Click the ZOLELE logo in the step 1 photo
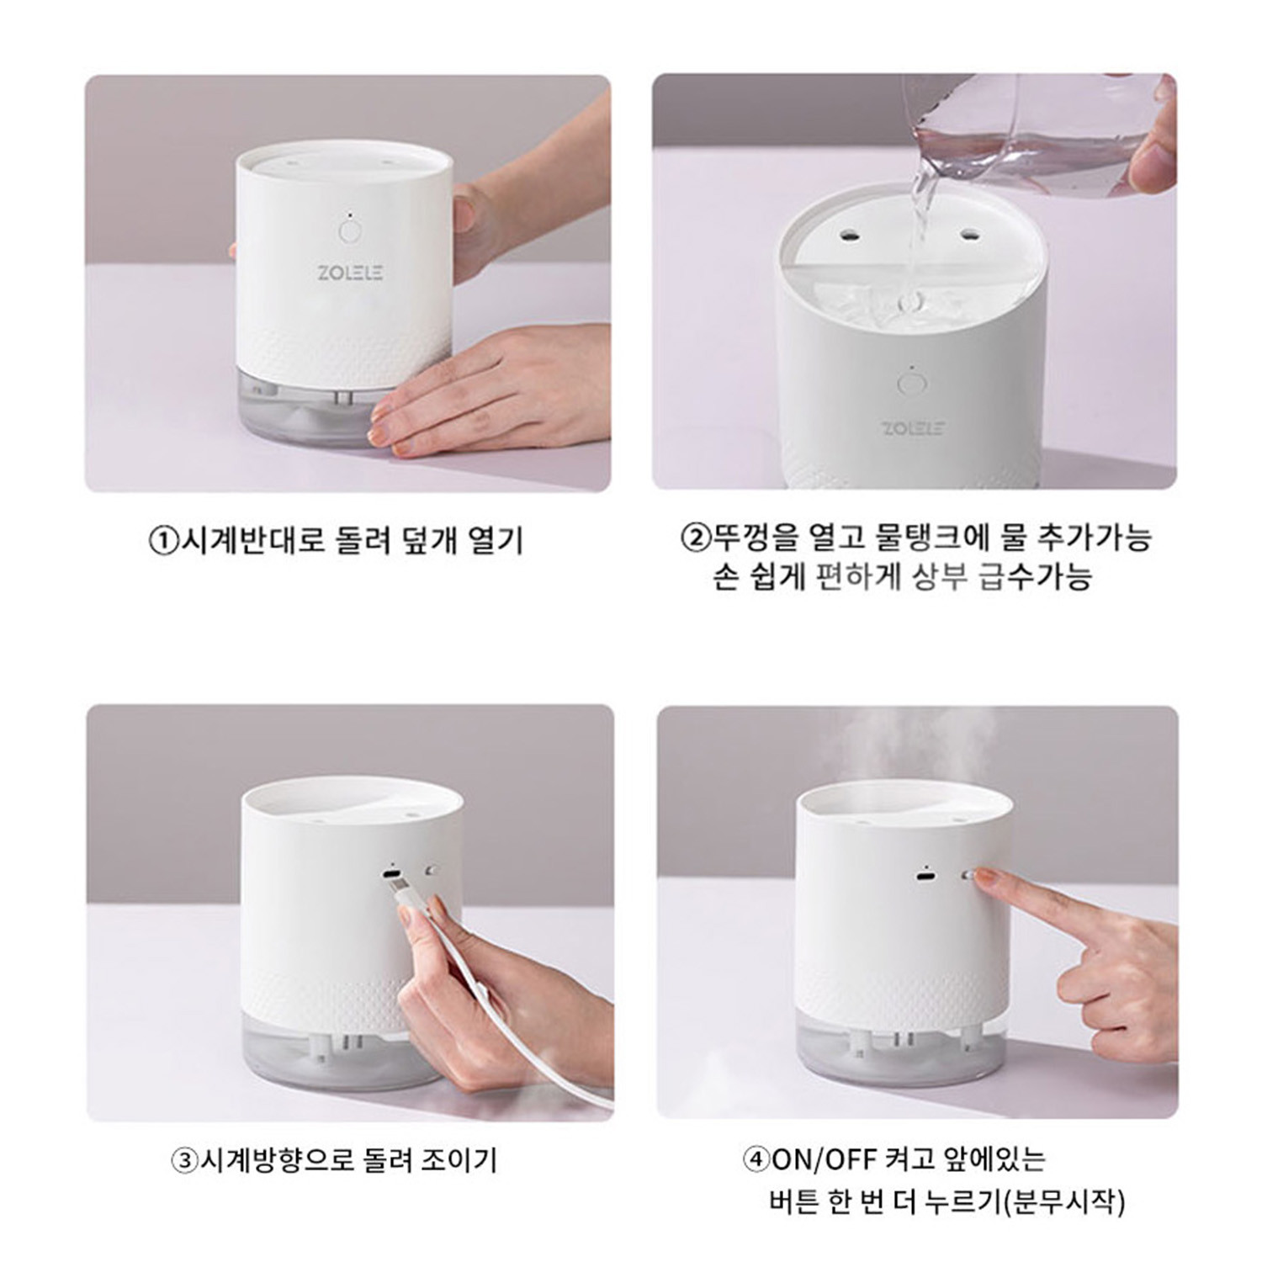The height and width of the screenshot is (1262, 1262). (x=350, y=273)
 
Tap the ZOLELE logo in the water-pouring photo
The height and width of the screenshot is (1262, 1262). (x=913, y=428)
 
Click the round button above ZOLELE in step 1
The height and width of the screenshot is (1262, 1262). (x=348, y=231)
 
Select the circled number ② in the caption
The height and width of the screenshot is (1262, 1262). (x=696, y=537)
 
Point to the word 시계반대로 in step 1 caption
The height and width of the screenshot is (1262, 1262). (x=250, y=539)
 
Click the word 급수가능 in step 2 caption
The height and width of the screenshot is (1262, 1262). (x=1036, y=577)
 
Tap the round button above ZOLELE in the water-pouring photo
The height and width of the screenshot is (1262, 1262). (x=909, y=384)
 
